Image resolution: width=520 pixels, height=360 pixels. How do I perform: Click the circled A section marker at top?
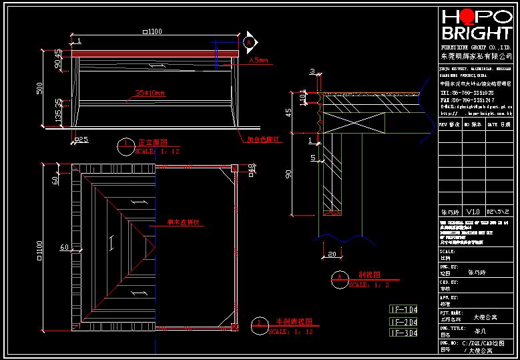click(250, 42)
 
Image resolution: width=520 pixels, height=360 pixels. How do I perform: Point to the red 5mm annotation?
click(258, 61)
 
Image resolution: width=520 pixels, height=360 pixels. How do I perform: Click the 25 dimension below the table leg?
click(81, 140)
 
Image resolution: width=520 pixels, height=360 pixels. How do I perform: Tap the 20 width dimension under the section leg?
click(332, 254)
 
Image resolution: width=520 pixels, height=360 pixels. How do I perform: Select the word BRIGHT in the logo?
click(477, 33)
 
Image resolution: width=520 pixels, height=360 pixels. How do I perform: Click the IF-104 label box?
click(404, 309)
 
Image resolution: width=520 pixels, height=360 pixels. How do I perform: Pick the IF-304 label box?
click(404, 332)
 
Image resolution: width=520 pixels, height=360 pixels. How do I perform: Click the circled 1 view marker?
click(126, 144)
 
